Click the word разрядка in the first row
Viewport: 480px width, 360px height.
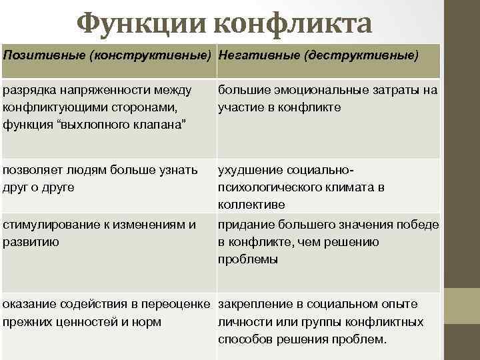29,89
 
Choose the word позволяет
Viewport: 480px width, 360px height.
33,171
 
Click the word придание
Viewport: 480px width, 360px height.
245,225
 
